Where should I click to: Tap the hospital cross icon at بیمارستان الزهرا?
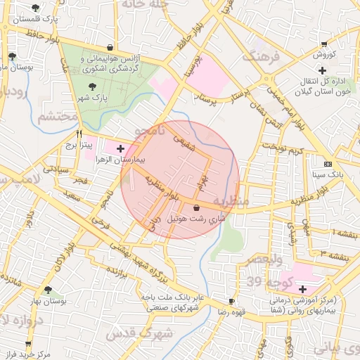pyautogui.click(x=120, y=148)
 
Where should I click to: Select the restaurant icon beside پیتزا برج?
pyautogui.click(x=79, y=134)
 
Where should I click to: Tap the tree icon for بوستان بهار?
pyautogui.click(x=47, y=289)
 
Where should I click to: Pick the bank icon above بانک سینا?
pyautogui.click(x=326, y=163)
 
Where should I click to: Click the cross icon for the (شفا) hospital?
pyautogui.click(x=302, y=289)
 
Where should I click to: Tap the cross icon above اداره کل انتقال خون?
pyautogui.click(x=322, y=70)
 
